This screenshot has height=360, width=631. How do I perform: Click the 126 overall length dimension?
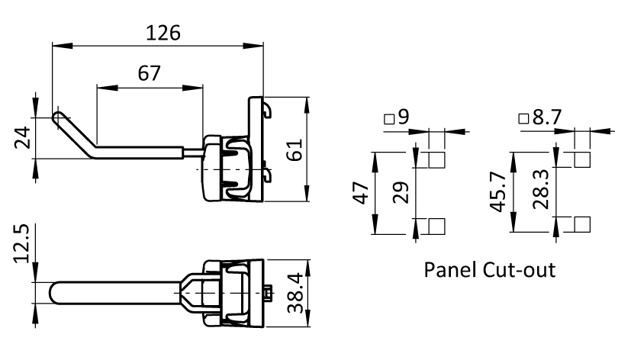163,33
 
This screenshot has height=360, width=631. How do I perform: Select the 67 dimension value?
149,74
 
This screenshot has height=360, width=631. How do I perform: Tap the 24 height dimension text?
23,137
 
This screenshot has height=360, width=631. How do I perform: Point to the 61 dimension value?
295,149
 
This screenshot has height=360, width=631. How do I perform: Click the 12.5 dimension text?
21,244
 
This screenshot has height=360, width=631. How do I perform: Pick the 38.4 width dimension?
295,292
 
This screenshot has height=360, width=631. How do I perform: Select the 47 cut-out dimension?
361,193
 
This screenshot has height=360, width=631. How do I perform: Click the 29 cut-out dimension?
401,193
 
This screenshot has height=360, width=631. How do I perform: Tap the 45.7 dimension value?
497,192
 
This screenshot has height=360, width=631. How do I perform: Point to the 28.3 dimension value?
540,189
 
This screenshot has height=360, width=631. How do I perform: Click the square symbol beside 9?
389,119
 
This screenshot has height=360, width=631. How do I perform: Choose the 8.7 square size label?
547,117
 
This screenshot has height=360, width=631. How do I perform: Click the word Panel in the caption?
449,270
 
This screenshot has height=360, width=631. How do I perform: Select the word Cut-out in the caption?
519,270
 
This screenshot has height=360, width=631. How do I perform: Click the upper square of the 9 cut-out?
436,160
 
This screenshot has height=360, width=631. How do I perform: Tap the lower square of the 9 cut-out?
436,226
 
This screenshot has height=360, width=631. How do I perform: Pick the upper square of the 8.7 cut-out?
582,159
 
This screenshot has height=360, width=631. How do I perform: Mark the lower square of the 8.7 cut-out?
582,224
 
